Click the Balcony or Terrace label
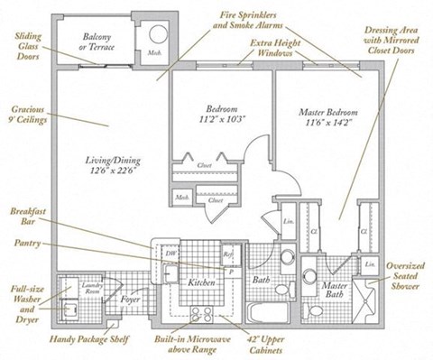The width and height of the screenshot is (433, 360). click(98, 42)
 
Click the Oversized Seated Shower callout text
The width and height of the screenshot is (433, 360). click(405, 275)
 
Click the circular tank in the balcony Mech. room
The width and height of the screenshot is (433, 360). click(158, 37)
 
